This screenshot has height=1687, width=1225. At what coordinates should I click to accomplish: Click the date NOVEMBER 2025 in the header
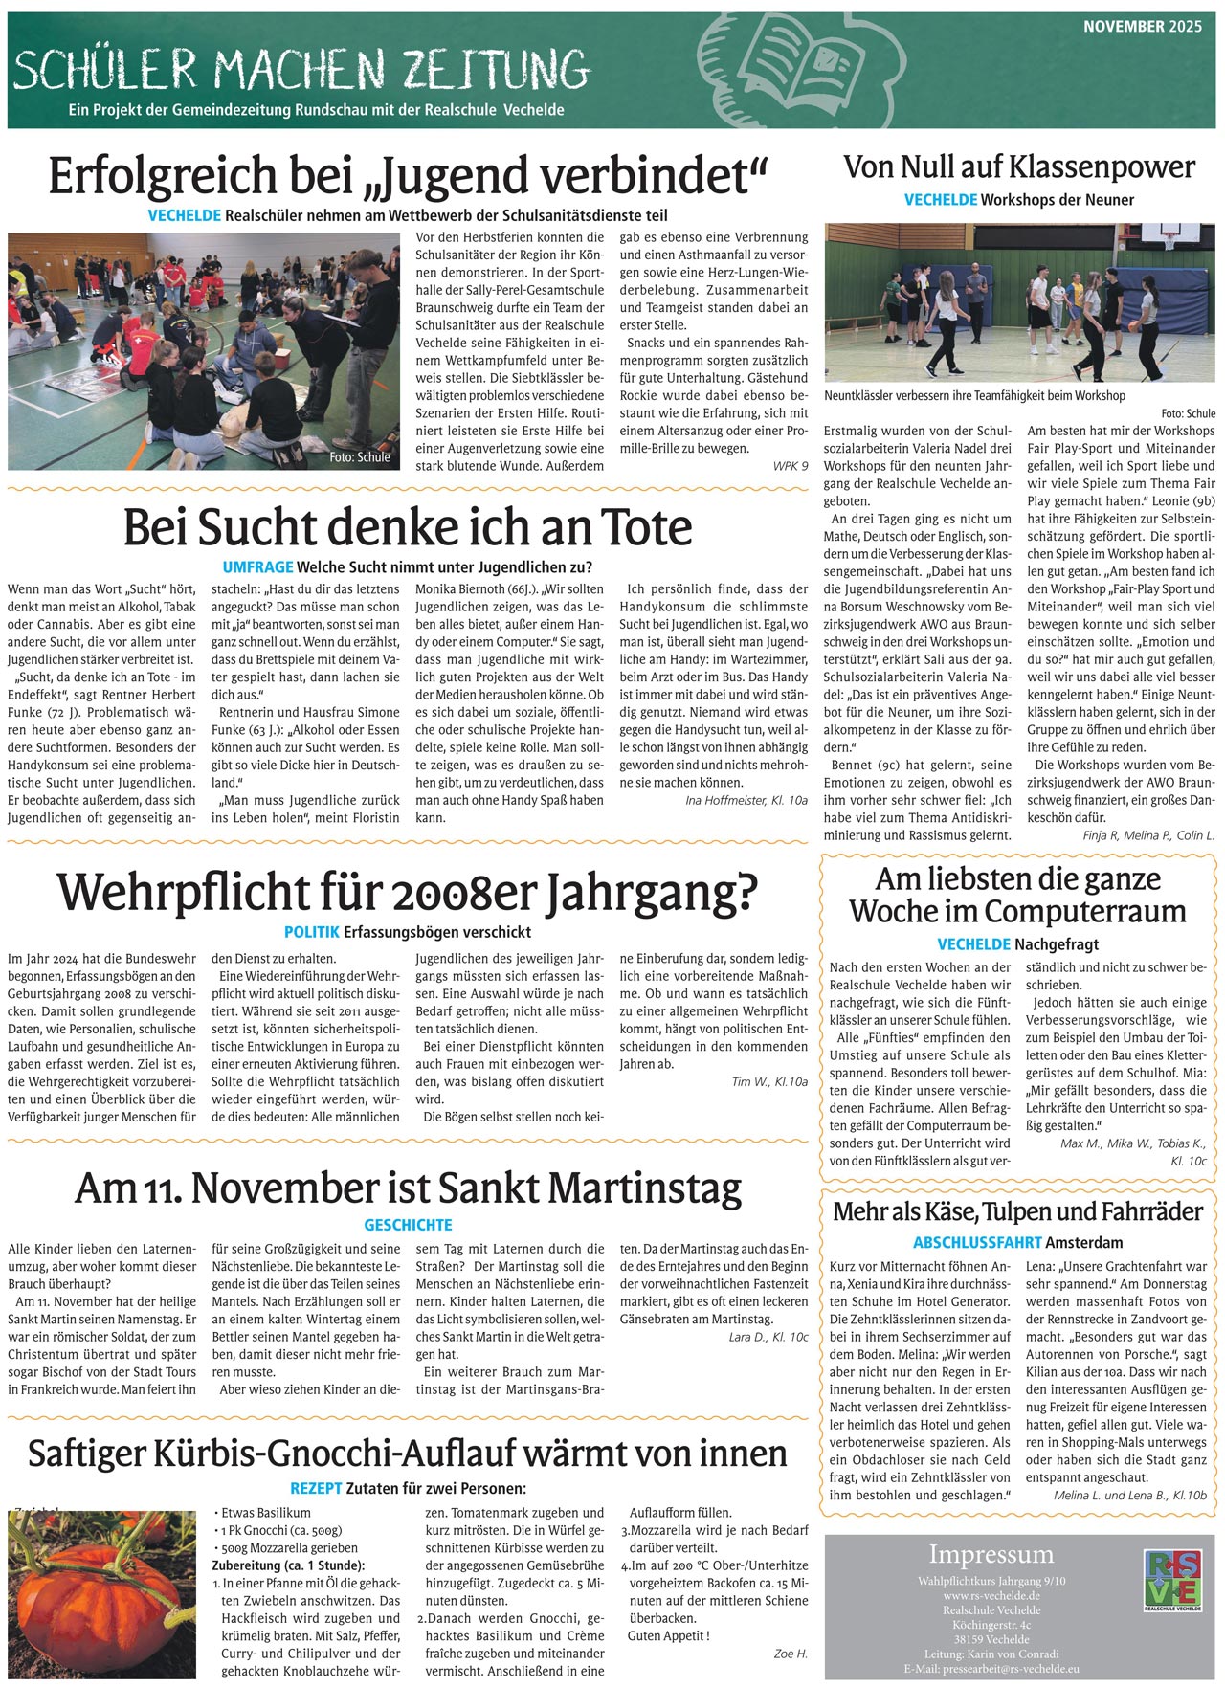point(1142,27)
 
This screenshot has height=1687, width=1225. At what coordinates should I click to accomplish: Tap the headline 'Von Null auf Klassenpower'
point(1019,166)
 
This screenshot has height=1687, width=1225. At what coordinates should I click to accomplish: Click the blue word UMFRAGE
point(257,567)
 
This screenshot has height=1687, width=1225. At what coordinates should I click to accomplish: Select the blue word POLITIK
point(312,932)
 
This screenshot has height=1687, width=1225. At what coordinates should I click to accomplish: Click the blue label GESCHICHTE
point(408,1225)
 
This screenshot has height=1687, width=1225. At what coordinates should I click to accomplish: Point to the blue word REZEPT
point(316,1489)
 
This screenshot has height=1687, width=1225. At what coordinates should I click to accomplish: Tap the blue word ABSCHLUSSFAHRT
point(977,1243)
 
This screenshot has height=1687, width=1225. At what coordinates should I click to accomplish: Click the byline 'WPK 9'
point(791,466)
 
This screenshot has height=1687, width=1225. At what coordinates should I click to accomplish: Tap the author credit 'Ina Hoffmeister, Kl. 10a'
point(746,800)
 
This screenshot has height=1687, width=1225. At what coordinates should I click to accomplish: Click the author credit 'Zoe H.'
point(791,1654)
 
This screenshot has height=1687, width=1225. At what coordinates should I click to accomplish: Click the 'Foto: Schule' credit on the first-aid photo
point(360,457)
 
